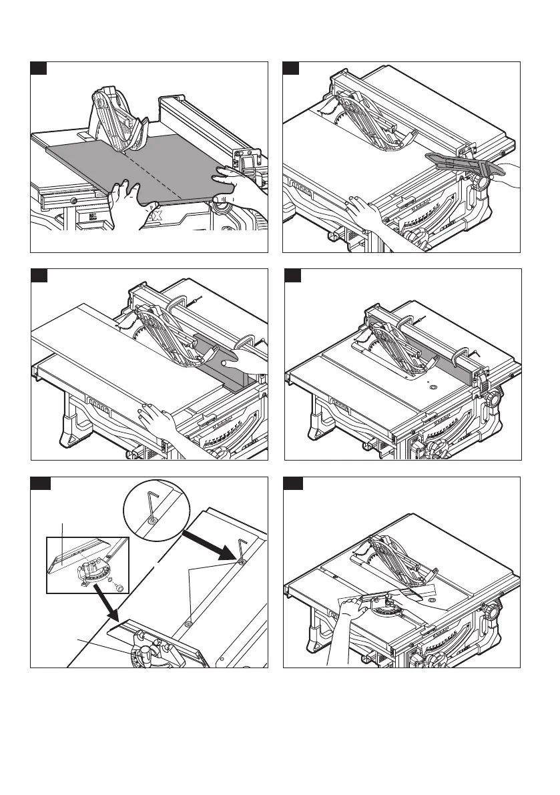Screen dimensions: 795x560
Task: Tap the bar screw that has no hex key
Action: (x=189, y=623)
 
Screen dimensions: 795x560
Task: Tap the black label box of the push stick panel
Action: (x=290, y=69)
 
